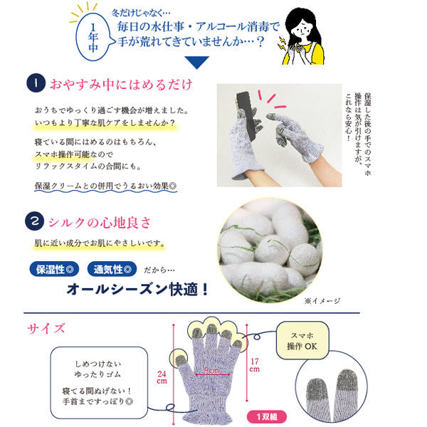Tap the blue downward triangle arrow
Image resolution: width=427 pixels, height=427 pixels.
pyautogui.click(x=196, y=62)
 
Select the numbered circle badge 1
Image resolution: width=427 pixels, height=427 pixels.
pyautogui.click(x=36, y=83)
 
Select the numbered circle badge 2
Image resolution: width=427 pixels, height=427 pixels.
pyautogui.click(x=35, y=221)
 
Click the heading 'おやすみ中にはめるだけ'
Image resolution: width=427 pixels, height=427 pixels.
pyautogui.click(x=121, y=84)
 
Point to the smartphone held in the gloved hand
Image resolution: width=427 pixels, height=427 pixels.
pyautogui.click(x=246, y=114)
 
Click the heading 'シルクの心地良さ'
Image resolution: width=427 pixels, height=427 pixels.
pyautogui.click(x=100, y=223)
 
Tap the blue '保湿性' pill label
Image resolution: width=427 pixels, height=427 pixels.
pyautogui.click(x=55, y=269)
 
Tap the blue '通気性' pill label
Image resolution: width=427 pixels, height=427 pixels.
pyautogui.click(x=112, y=269)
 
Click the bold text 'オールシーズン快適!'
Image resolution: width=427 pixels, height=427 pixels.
pyautogui.click(x=137, y=289)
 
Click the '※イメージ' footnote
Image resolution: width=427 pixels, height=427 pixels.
pyautogui.click(x=322, y=300)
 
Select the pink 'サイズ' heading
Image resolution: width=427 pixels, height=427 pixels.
pyautogui.click(x=46, y=328)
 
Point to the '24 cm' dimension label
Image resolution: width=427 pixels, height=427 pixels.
pyautogui.click(x=162, y=377)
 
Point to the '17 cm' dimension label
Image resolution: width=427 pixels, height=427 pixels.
pyautogui.click(x=255, y=365)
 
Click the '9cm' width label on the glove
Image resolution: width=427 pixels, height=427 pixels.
pyautogui.click(x=211, y=370)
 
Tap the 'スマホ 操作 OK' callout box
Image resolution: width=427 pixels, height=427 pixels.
pyautogui.click(x=302, y=340)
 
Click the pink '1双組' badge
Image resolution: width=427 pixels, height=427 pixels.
pyautogui.click(x=267, y=416)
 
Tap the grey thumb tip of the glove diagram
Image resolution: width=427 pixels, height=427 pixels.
pyautogui.click(x=180, y=361)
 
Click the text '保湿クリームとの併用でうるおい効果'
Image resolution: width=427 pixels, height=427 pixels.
pyautogui.click(x=105, y=186)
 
